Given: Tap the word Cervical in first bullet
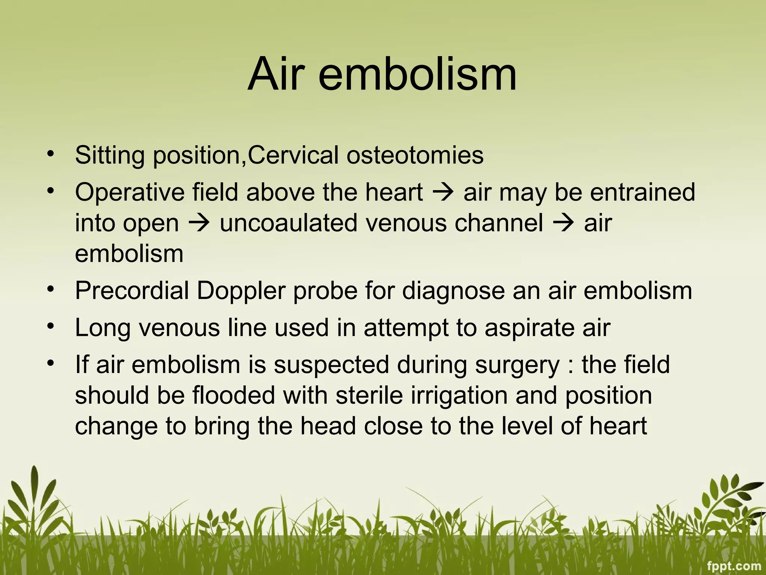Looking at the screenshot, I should pyautogui.click(x=293, y=155).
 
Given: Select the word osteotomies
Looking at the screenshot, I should pyautogui.click(x=415, y=155).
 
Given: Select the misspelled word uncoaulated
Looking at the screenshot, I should pyautogui.click(x=288, y=223).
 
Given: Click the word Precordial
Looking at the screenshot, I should pyautogui.click(x=132, y=291).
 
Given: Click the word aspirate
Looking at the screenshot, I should pyautogui.click(x=530, y=328).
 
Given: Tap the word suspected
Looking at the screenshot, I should pyautogui.click(x=331, y=365).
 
